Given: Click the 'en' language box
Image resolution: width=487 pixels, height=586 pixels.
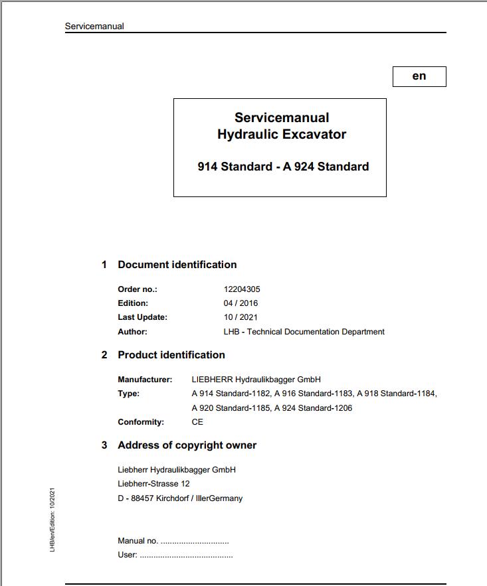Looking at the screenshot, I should coord(419,76).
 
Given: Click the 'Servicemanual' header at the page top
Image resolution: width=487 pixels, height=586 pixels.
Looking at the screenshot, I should coord(94,27).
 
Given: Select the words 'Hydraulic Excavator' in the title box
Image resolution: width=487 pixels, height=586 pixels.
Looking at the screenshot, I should coord(282,134).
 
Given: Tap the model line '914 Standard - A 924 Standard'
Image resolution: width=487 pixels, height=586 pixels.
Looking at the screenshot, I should coord(283,167).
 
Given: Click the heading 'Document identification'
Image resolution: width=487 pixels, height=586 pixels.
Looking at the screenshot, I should coord(177,264).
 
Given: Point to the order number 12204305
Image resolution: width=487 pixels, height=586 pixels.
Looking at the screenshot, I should coord(242,289).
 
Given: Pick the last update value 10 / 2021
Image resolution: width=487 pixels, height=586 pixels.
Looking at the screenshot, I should coord(241,317).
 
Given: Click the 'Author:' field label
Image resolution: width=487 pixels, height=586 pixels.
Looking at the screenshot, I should coord(132,331).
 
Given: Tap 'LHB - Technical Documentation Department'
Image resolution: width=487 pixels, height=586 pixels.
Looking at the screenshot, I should coord(304,331).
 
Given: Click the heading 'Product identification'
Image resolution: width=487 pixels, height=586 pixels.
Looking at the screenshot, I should coord(171,354).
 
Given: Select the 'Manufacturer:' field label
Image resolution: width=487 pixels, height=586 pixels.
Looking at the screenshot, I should coord(145,380).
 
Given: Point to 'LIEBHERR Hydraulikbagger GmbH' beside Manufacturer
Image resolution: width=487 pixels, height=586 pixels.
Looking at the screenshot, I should coord(256,380).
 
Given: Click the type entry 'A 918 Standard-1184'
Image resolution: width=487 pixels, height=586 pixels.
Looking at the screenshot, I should coord(397,394).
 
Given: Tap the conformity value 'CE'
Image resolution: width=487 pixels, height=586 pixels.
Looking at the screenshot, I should coord(197,422).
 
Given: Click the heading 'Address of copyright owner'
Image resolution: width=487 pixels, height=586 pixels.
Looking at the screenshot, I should coord(187,445).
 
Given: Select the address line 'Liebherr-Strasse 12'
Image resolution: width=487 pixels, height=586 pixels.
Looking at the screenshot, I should coord(153,484).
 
